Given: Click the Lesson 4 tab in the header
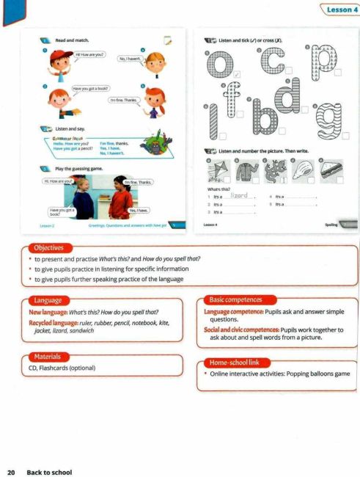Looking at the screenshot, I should pos(338,9).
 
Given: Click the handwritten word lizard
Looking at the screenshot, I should pos(241,195).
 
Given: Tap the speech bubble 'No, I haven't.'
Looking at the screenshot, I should pos(131,58).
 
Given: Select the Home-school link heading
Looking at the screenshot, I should pos(235,363).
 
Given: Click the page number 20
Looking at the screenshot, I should pos(11,472).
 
